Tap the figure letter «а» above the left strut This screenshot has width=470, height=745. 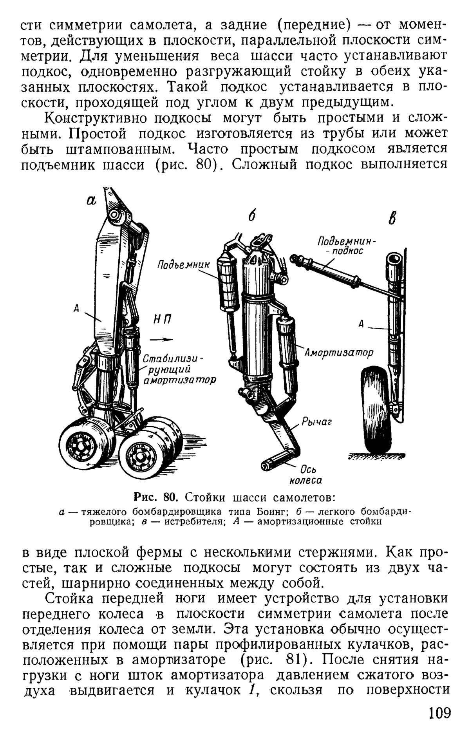[x=91, y=201]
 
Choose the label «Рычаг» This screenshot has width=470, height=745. [x=317, y=422]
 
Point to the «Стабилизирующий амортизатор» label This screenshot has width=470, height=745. [x=179, y=370]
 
